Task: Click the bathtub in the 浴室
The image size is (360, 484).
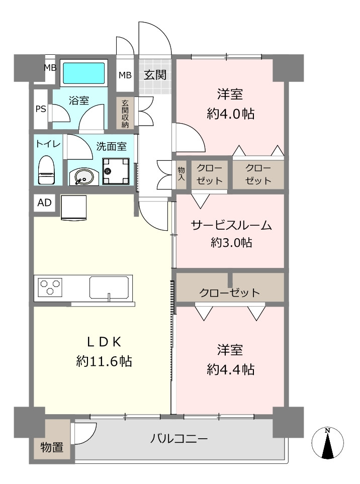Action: pyautogui.click(x=83, y=73)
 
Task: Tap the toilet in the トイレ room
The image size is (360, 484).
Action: pyautogui.click(x=46, y=170)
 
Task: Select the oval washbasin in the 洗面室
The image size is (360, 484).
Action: pyautogui.click(x=82, y=177)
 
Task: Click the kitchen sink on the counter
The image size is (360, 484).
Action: pyautogui.click(x=109, y=287)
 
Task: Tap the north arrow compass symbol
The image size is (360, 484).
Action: pyautogui.click(x=328, y=443)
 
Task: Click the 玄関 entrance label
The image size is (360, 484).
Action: pyautogui.click(x=155, y=75)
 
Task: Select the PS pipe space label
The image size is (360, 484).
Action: pyautogui.click(x=41, y=109)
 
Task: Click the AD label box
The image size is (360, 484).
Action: pyautogui.click(x=44, y=203)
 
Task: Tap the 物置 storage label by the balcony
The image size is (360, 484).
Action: pyautogui.click(x=52, y=447)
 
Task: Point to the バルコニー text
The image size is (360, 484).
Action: pyautogui.click(x=179, y=439)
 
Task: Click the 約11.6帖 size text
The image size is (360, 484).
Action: pyautogui.click(x=104, y=361)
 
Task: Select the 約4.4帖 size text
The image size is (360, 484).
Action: pyautogui.click(x=231, y=369)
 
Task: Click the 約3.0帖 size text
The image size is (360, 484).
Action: pyautogui.click(x=231, y=243)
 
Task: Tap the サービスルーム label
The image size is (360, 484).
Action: pyautogui.click(x=231, y=225)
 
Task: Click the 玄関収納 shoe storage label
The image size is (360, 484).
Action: pyautogui.click(x=125, y=114)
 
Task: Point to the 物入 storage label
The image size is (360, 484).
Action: pyautogui.click(x=181, y=174)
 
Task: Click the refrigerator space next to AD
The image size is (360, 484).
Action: pyautogui.click(x=73, y=208)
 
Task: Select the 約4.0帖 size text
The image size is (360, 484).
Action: pyautogui.click(x=231, y=114)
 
